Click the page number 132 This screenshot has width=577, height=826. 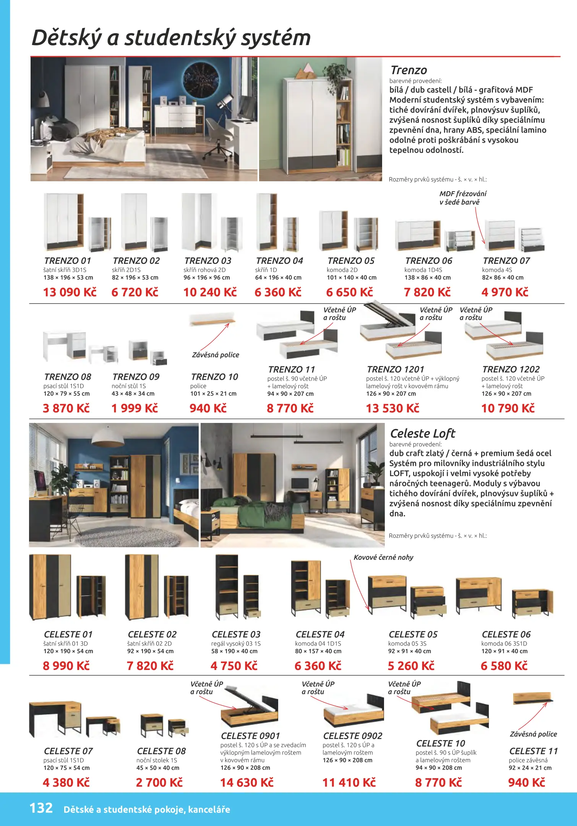click(41, 808)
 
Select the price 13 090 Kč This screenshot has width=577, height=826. click(70, 292)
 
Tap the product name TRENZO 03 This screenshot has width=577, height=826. click(207, 261)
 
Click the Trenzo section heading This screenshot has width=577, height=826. click(408, 70)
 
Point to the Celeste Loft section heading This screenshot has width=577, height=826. click(422, 433)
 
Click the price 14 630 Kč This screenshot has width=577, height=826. click(246, 782)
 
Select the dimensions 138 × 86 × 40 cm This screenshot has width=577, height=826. click(427, 278)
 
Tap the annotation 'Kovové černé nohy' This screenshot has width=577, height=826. click(383, 557)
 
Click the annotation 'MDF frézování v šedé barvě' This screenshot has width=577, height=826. click(462, 198)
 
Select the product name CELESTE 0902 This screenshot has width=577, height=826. click(352, 736)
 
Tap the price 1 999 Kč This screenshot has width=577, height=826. click(135, 408)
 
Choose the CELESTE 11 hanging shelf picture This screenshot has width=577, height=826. click(532, 698)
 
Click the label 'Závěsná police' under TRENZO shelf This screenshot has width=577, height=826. click(215, 355)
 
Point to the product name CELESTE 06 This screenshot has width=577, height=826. click(506, 634)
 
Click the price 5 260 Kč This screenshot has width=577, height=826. click(411, 666)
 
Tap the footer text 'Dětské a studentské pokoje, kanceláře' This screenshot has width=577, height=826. click(147, 809)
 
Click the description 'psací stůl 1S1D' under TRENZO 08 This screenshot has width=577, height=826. click(63, 386)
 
